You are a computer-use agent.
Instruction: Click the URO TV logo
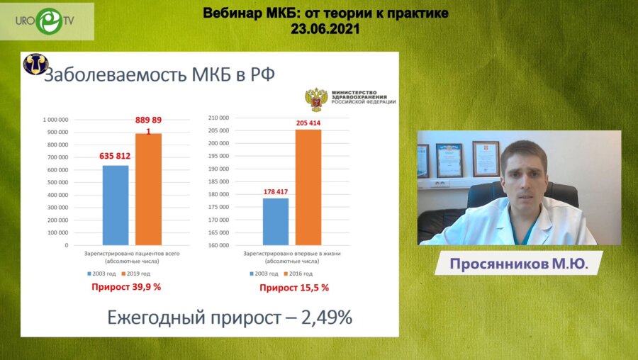[47, 20]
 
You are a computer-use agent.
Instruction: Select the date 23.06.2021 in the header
[325, 30]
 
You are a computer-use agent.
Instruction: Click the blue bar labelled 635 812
[116, 205]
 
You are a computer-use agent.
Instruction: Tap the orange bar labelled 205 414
[308, 187]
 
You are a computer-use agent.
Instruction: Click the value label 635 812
[115, 156]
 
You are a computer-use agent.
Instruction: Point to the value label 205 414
[308, 123]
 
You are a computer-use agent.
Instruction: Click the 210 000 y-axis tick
[218, 118]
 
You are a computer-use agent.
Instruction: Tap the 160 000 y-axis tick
[218, 245]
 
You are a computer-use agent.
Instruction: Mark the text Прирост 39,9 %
[126, 287]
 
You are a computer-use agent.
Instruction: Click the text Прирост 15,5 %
[294, 288]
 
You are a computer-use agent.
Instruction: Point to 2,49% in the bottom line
[327, 317]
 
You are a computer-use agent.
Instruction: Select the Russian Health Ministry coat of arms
[315, 100]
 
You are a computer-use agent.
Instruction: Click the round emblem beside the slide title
[34, 65]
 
